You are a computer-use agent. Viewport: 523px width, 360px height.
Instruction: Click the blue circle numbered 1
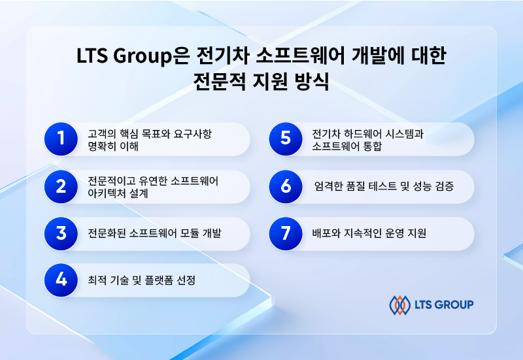pyautogui.click(x=61, y=139)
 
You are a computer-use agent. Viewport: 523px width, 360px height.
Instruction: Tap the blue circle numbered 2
pyautogui.click(x=61, y=187)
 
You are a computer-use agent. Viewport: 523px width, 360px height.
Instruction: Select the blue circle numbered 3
pyautogui.click(x=61, y=234)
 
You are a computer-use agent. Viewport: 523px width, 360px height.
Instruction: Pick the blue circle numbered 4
pyautogui.click(x=61, y=280)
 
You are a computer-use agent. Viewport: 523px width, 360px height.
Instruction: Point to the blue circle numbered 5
pyautogui.click(x=286, y=139)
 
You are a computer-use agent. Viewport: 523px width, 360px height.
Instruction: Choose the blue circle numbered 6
pyautogui.click(x=286, y=187)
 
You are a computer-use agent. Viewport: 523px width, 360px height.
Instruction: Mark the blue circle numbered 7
pyautogui.click(x=286, y=234)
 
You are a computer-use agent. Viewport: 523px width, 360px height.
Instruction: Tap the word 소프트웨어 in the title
pyautogui.click(x=300, y=55)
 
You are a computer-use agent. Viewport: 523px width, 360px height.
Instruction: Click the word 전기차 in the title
pyautogui.click(x=222, y=55)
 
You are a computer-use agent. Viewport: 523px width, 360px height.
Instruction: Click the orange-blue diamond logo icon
pyautogui.click(x=399, y=305)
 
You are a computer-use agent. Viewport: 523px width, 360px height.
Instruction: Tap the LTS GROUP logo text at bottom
pyautogui.click(x=444, y=304)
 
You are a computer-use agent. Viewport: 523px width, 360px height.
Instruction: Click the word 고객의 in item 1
pyautogui.click(x=102, y=134)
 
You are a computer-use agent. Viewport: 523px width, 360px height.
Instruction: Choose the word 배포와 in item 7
pyautogui.click(x=326, y=233)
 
